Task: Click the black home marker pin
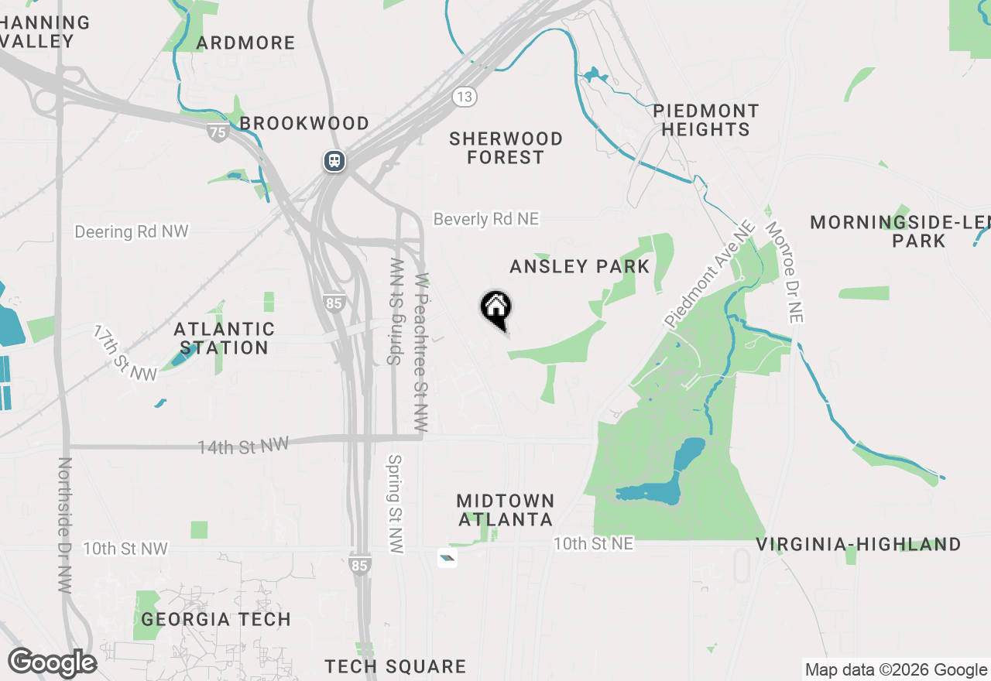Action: [x=495, y=308]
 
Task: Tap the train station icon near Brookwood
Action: [x=334, y=161]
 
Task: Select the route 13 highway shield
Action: [x=465, y=97]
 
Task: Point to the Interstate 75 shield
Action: [x=218, y=132]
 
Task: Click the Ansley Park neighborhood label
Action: [x=579, y=266]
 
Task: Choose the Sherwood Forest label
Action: [x=506, y=148]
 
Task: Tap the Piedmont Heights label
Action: [x=705, y=120]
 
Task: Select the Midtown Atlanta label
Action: [x=506, y=510]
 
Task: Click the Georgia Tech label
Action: [x=216, y=619]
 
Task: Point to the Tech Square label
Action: [x=395, y=666]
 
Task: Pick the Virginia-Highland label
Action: [x=859, y=545]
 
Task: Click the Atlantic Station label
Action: [x=225, y=339]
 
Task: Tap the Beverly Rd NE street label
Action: [x=485, y=219]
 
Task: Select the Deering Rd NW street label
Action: [x=132, y=231]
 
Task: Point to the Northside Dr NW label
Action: [x=65, y=525]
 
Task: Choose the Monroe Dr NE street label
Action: [x=784, y=272]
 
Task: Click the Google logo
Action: [x=52, y=663]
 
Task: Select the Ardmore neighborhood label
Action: [x=245, y=43]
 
